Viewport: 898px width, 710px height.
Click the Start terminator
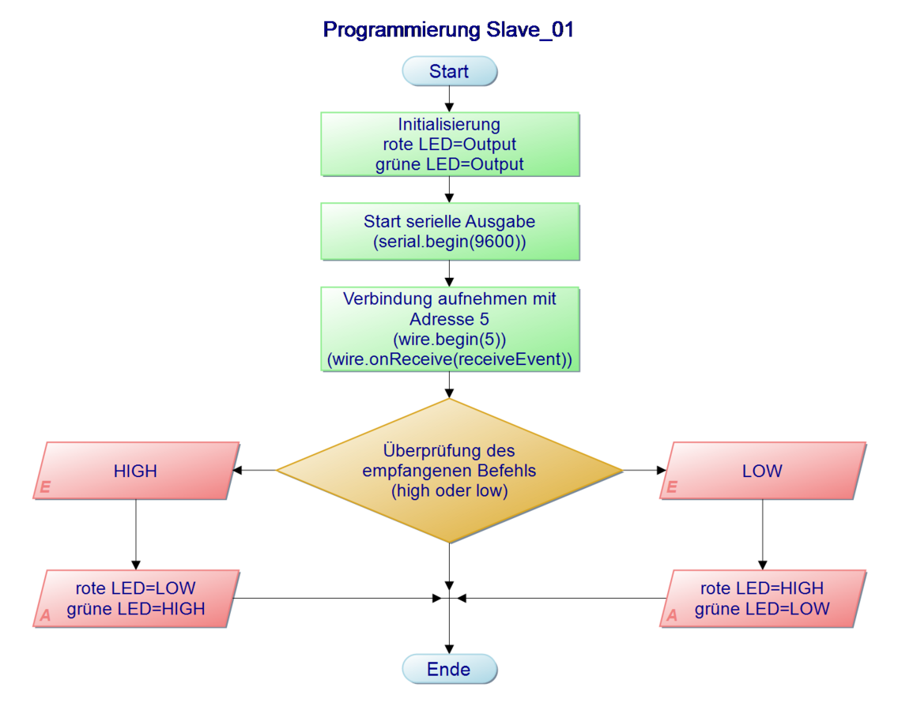449,71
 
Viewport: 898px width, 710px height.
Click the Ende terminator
449,669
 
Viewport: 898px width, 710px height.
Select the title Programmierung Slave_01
447,30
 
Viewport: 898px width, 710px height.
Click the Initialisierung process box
449,145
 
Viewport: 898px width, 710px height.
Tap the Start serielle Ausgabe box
449,232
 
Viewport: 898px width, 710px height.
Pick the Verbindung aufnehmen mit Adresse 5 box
449,329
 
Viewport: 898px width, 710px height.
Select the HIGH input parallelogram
135,471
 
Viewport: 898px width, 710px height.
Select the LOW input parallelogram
762,471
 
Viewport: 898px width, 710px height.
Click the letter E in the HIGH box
45,488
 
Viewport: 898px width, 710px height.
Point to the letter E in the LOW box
671,488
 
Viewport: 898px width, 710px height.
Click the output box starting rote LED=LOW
135,599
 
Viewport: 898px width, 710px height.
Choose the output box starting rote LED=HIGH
762,599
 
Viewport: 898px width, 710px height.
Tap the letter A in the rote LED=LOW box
45,615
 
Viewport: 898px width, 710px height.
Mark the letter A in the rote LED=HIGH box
671,615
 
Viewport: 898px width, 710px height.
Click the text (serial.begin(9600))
449,242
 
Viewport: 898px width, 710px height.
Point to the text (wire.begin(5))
449,340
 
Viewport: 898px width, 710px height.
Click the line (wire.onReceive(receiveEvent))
449,360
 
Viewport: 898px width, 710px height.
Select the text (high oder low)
449,490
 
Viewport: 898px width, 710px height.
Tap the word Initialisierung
449,124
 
